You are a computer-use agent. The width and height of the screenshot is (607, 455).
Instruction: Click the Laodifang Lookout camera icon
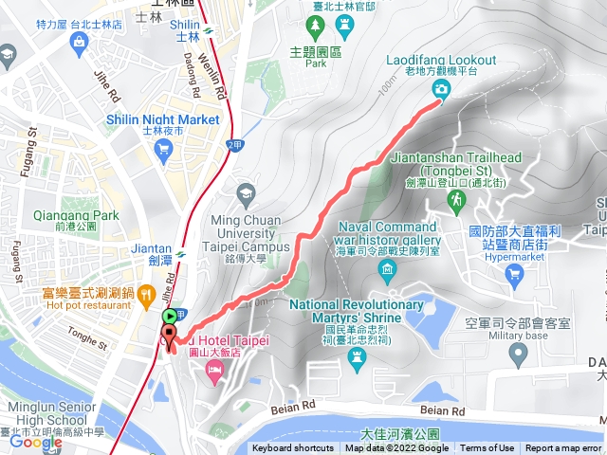(x=441, y=89)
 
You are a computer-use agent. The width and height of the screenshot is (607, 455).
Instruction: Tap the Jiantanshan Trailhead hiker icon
(x=456, y=199)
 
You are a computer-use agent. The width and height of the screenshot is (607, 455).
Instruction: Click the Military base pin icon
(x=518, y=355)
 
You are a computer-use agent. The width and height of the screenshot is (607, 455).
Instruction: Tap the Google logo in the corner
(x=36, y=442)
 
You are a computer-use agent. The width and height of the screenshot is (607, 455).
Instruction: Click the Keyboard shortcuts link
(x=292, y=448)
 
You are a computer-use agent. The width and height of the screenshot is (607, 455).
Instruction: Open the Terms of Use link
(x=487, y=448)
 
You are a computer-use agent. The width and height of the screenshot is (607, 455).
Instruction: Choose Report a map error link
(x=563, y=448)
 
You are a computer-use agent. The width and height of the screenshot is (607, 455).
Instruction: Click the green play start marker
(x=169, y=316)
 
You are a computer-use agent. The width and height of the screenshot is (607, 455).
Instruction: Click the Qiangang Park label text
(x=76, y=215)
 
